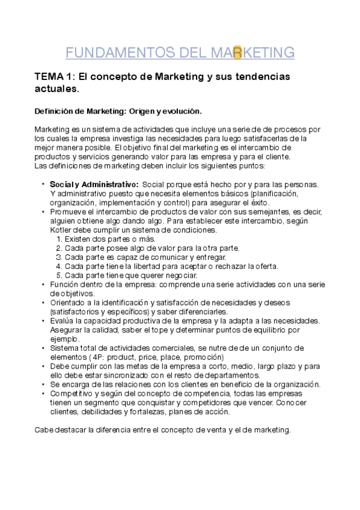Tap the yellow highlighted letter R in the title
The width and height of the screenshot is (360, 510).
tap(237, 52)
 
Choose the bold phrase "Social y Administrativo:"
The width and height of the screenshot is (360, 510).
tap(94, 183)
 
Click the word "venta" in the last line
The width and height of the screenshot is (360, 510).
tap(224, 430)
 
